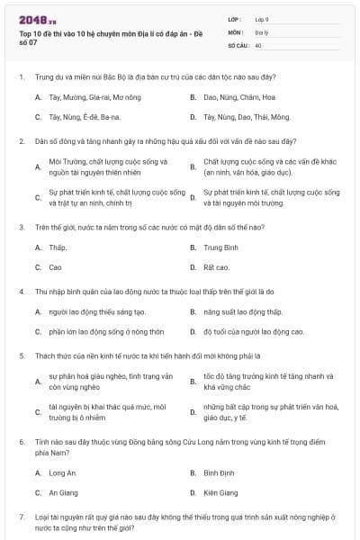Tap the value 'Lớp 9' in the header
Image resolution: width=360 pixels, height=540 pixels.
(262, 18)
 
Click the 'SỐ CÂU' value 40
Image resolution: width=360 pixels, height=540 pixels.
(258, 44)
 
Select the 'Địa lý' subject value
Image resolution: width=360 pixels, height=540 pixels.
(261, 31)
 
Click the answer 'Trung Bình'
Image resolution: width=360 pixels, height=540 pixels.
(220, 247)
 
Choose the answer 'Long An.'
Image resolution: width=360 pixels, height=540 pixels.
(63, 472)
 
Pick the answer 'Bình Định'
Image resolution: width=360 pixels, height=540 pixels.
(219, 472)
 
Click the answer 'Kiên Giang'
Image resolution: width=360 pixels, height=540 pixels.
(220, 493)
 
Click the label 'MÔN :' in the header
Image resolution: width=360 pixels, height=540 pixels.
(235, 31)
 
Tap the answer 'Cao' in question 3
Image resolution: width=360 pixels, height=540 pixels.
(55, 267)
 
